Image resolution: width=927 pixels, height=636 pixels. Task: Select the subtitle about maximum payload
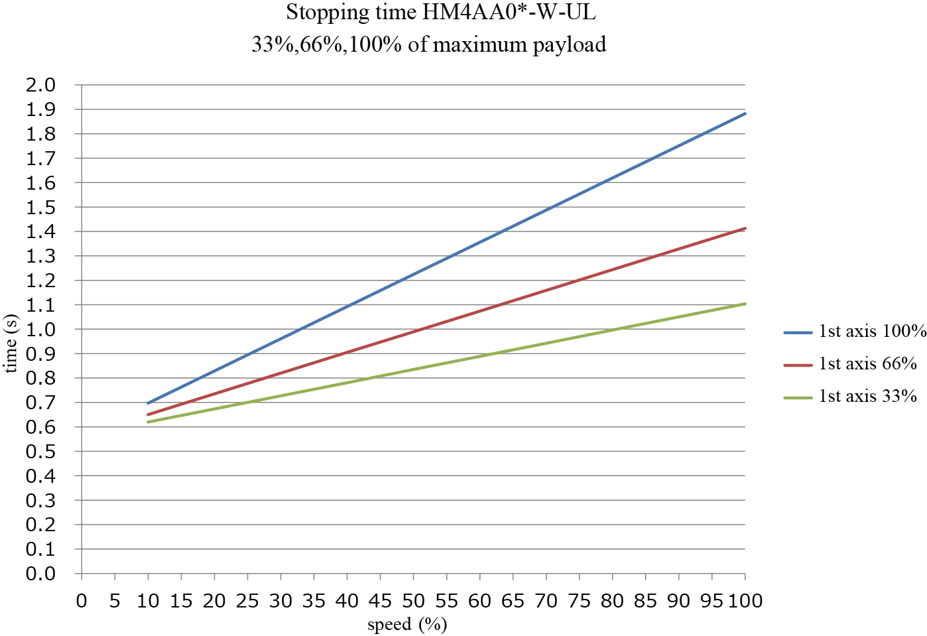tap(429, 44)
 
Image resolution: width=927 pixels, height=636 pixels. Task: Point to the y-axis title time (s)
tap(11, 344)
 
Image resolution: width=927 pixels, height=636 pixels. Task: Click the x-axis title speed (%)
tap(407, 624)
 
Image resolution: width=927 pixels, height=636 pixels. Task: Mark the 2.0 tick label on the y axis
tap(40, 85)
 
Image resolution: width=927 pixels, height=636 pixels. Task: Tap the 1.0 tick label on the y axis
tap(40, 330)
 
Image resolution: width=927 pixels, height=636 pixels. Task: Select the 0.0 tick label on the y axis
tap(40, 574)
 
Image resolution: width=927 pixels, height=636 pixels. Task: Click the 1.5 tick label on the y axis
tap(40, 208)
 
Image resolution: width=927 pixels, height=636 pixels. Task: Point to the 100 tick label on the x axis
tap(745, 601)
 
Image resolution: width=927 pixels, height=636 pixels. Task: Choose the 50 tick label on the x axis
tap(413, 601)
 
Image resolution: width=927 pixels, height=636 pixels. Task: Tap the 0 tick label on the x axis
tap(82, 601)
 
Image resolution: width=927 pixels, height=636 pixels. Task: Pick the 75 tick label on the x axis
tap(580, 601)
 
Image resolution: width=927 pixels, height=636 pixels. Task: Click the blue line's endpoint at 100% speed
tap(745, 113)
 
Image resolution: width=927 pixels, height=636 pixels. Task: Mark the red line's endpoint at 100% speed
tap(745, 228)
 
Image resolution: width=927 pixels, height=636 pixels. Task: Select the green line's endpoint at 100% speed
tap(745, 304)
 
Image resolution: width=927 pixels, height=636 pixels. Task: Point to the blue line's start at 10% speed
tap(148, 403)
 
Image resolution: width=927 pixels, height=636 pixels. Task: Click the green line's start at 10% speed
tap(148, 422)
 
